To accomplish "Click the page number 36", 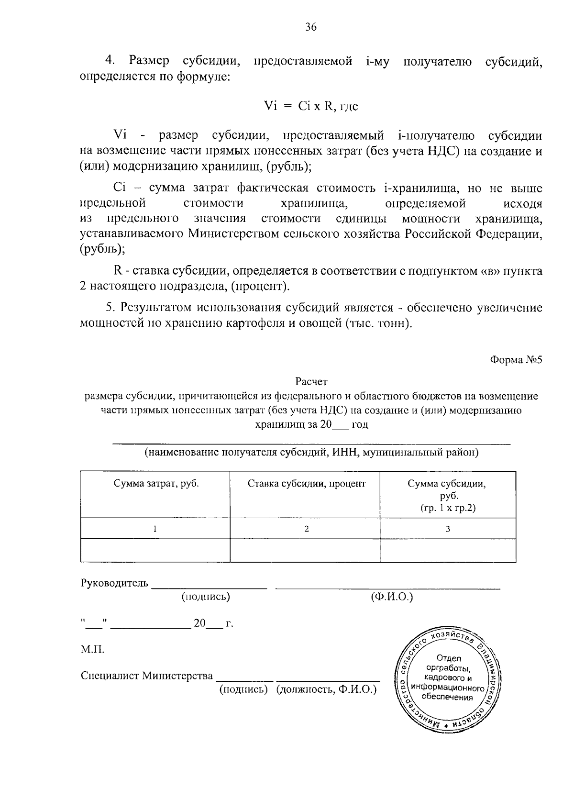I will (x=311, y=27).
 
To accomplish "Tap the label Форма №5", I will (x=516, y=360).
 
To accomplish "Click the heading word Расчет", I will (x=311, y=382).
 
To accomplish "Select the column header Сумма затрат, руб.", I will (x=156, y=484).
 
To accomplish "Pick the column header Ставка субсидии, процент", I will (x=306, y=484).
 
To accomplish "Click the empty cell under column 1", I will (x=155, y=550).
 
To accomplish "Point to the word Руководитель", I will (x=115, y=584).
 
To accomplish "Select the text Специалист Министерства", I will (x=147, y=676).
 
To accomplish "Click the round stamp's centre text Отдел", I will (x=449, y=658).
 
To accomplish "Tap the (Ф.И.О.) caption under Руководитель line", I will (x=392, y=597).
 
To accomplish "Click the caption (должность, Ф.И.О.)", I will (x=326, y=689).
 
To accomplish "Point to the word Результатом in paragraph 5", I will (x=155, y=308).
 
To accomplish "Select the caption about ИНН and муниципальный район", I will (x=311, y=453).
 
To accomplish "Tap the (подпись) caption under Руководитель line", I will (x=206, y=597).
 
